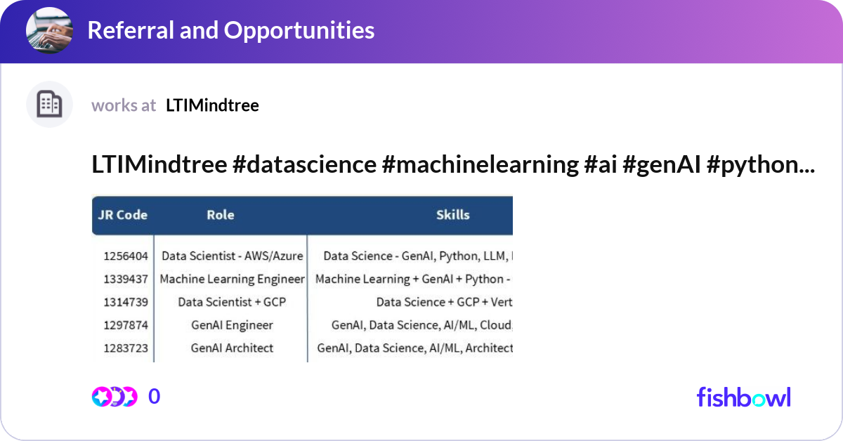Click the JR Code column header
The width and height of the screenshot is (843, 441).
[x=122, y=215]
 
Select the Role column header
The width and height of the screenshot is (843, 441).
[x=220, y=215]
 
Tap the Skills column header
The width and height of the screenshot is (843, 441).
[x=452, y=215]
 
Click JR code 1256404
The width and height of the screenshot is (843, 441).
[x=126, y=256]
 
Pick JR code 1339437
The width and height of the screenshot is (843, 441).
[x=126, y=279]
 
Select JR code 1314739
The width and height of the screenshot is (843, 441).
[x=126, y=302]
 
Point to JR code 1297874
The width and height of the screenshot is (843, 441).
[x=126, y=325]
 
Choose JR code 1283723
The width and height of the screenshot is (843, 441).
[x=126, y=348]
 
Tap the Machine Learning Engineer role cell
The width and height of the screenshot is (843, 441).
[x=232, y=279]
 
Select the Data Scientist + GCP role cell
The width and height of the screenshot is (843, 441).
[x=232, y=302]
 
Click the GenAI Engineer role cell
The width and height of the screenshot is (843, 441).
[x=232, y=325]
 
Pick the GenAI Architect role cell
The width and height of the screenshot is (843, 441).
[x=232, y=348]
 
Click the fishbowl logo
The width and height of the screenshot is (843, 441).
[x=743, y=397]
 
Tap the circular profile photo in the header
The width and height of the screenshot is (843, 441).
[x=49, y=31]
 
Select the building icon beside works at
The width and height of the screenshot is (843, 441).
[x=49, y=105]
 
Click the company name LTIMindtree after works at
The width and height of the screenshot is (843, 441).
[x=212, y=105]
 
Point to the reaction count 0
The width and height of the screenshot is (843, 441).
[x=155, y=397]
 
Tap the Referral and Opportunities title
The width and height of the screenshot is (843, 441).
[x=230, y=30]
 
